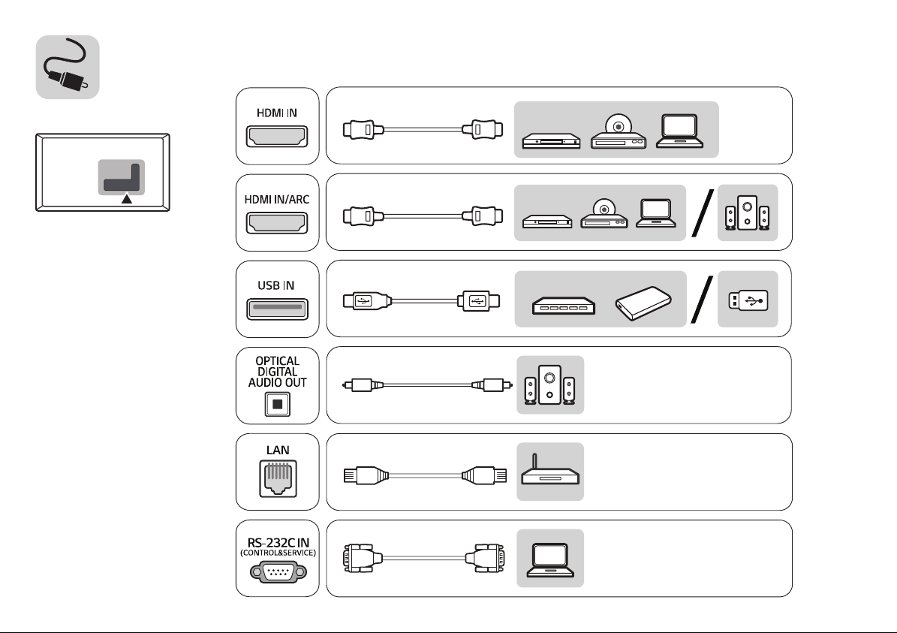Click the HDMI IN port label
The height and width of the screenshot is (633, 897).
pos(277,113)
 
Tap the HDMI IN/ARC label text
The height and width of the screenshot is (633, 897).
pos(277,199)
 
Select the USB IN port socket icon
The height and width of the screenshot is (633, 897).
pos(278,309)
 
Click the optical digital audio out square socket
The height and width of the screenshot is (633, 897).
pos(278,404)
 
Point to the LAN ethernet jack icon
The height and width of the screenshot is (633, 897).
pos(278,478)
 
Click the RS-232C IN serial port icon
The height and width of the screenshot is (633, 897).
pos(278,571)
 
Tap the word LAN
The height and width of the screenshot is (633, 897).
pos(278,451)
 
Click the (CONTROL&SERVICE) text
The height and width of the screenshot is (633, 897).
pos(278,553)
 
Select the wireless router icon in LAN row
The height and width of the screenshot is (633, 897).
pos(550,470)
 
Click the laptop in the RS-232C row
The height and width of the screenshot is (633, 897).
pos(550,559)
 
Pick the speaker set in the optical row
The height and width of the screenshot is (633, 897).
pos(549,384)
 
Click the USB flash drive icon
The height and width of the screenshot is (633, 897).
pos(748,300)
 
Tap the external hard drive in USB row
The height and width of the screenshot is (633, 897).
pos(643,303)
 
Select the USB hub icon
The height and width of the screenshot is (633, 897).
pos(564,305)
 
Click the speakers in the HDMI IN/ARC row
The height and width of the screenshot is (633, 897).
pos(747,213)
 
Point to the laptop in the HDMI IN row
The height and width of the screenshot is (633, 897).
pos(679,131)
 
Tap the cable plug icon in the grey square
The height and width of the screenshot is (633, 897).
pos(68,67)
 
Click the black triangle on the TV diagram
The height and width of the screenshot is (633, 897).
pos(126,198)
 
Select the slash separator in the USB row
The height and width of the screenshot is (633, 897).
pos(703,300)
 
